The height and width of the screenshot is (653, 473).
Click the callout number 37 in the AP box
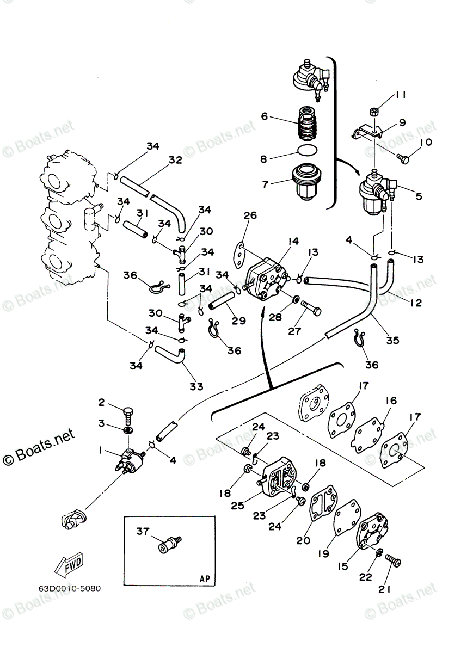coord(142,531)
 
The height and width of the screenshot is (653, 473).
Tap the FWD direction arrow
coord(68,568)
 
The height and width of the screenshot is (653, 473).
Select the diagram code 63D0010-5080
coord(69,588)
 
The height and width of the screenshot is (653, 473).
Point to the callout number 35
coord(392,340)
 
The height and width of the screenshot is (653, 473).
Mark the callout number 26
coord(250,216)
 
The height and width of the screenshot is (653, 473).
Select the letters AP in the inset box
coord(204,578)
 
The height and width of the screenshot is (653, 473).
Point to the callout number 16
coord(391,401)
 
